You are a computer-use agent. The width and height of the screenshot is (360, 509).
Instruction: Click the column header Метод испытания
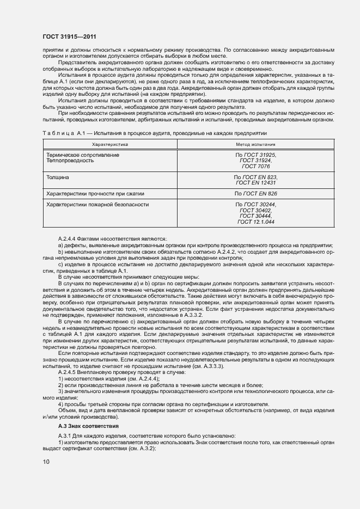click(255, 145)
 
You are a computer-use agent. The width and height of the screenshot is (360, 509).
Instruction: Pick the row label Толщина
click(59, 177)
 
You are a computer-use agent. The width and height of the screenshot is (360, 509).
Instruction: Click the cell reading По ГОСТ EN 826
click(255, 193)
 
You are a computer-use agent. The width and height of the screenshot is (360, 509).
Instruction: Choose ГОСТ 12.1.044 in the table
click(255, 222)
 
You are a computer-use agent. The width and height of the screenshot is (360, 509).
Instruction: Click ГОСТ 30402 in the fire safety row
click(255, 210)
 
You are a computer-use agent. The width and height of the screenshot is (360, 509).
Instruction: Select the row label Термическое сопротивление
click(83, 155)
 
